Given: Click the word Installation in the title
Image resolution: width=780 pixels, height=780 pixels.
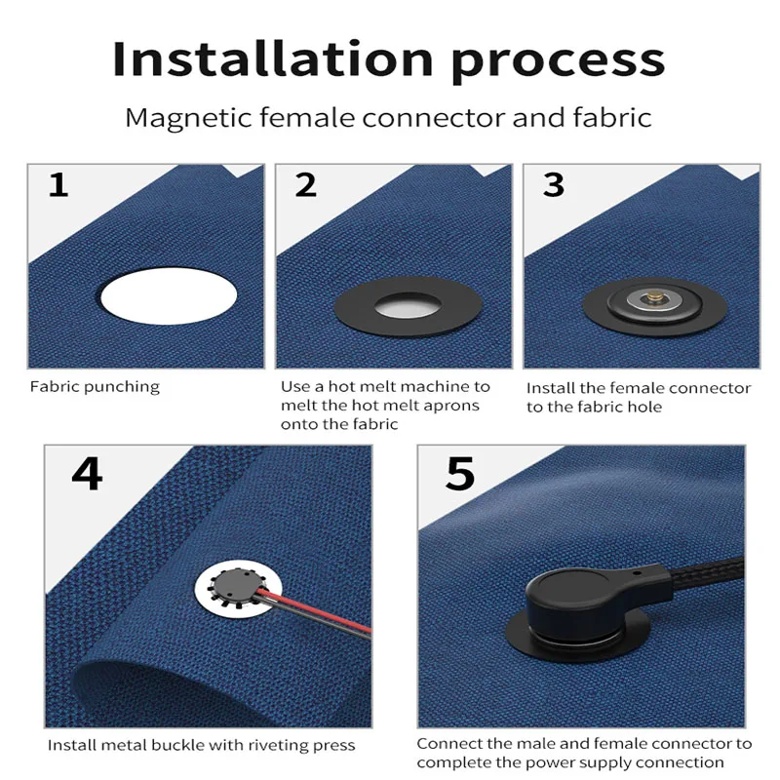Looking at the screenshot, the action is point(273,59).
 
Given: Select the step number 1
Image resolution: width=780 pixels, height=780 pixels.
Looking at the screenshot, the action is point(58,185).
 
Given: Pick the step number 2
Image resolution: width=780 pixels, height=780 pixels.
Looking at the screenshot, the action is point(305,185).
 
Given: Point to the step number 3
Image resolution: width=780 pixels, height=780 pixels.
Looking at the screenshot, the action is point(553,185).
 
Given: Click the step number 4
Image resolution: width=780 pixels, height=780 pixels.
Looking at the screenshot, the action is point(87,474).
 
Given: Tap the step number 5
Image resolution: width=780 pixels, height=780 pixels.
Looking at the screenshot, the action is point(460,474).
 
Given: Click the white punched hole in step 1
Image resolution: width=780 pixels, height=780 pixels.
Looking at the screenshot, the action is point(169,296).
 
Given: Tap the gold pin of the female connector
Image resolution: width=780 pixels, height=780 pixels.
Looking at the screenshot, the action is point(651,297).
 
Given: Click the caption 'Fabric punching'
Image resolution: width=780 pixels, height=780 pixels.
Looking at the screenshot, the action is point(95,387).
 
